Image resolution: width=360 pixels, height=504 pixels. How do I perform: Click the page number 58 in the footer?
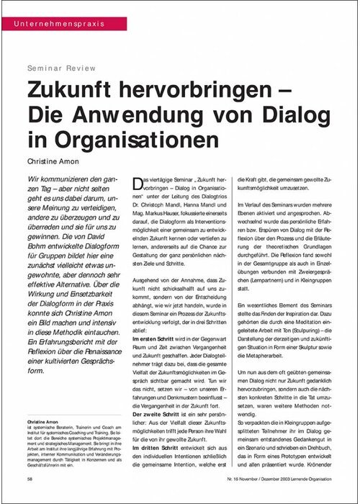29,477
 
